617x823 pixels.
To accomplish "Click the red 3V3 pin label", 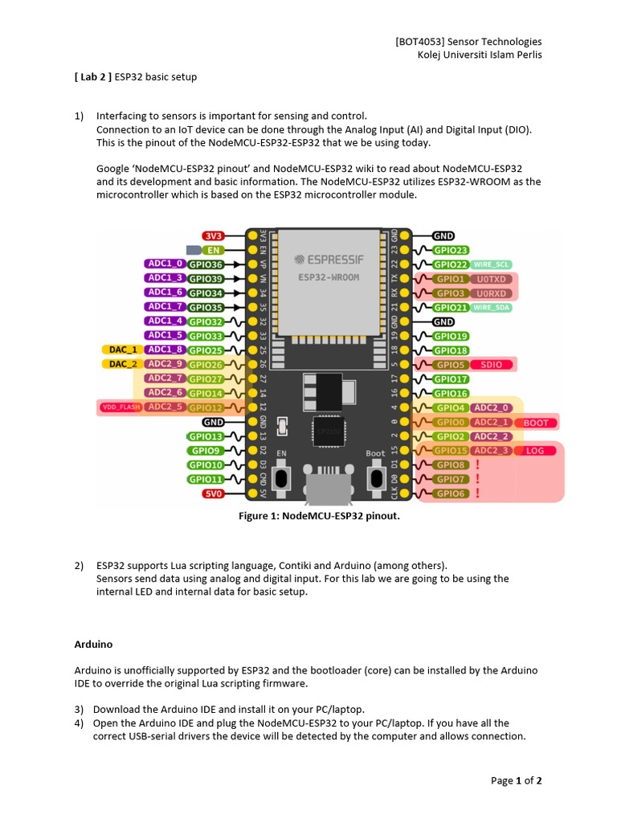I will tap(213, 235).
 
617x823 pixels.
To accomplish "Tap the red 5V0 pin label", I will tap(213, 493).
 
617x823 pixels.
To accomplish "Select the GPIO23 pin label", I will tap(450, 250).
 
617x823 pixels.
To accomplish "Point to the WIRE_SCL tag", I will tap(492, 264).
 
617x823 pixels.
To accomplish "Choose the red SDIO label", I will tap(492, 365).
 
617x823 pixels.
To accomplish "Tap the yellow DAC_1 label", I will tap(122, 350).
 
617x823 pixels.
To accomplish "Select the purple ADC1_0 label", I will tap(166, 264).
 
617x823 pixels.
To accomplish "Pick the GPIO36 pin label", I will tap(206, 264).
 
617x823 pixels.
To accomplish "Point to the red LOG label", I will tap(534, 451).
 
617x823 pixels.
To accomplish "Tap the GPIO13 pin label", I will tap(206, 436).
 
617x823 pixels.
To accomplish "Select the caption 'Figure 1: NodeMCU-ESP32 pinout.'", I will tap(319, 516).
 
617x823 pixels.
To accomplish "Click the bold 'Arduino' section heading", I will tap(93, 645).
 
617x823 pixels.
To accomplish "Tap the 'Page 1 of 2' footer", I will tap(517, 780).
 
